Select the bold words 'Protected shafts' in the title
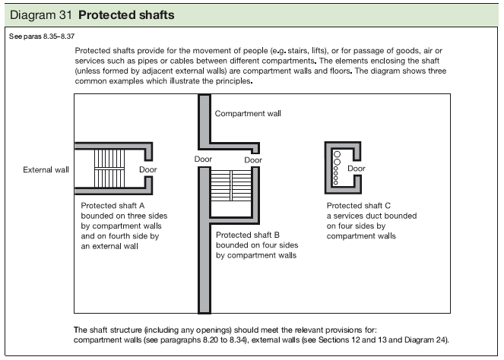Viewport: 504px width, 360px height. point(125,15)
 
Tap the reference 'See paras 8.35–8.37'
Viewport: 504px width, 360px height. point(44,36)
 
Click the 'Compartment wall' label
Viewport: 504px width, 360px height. point(248,113)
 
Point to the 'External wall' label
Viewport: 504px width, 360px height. point(46,169)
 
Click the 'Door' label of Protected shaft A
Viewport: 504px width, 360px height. point(148,169)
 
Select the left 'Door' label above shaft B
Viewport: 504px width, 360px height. point(203,159)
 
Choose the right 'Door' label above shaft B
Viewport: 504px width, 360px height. point(253,159)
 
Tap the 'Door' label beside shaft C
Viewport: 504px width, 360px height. point(357,169)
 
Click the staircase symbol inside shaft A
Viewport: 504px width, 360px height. point(103,169)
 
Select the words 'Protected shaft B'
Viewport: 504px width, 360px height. point(248,235)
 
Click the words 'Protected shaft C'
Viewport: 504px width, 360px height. point(359,206)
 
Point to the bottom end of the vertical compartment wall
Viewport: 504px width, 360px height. point(203,308)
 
